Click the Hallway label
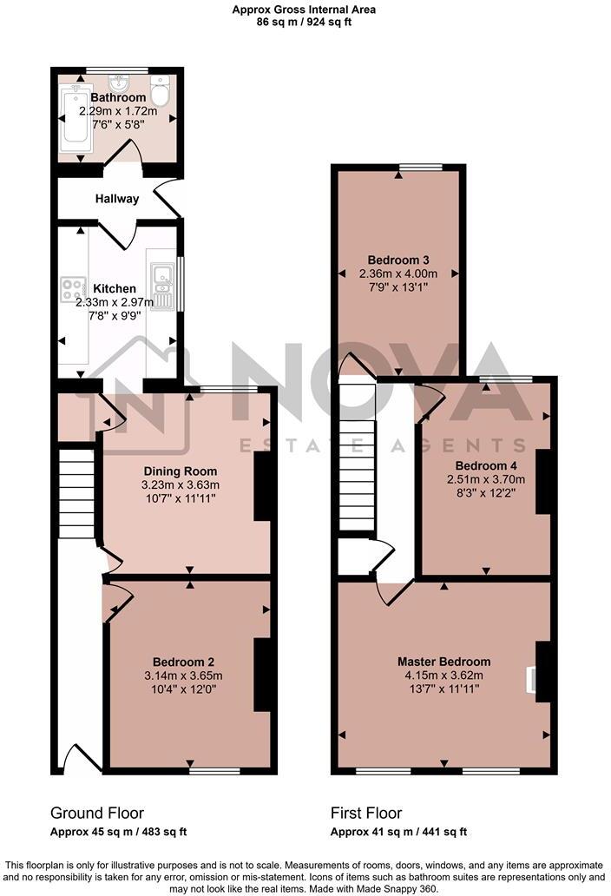(x=117, y=199)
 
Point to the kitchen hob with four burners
(x=72, y=289)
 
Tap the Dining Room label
(x=181, y=471)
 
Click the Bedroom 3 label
(x=398, y=260)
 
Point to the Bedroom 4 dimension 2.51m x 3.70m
(x=486, y=479)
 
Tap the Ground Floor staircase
(x=76, y=492)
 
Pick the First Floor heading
(x=366, y=814)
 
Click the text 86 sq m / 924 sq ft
(x=304, y=23)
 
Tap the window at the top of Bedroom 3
(x=420, y=167)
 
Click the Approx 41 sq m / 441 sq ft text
(x=399, y=832)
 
